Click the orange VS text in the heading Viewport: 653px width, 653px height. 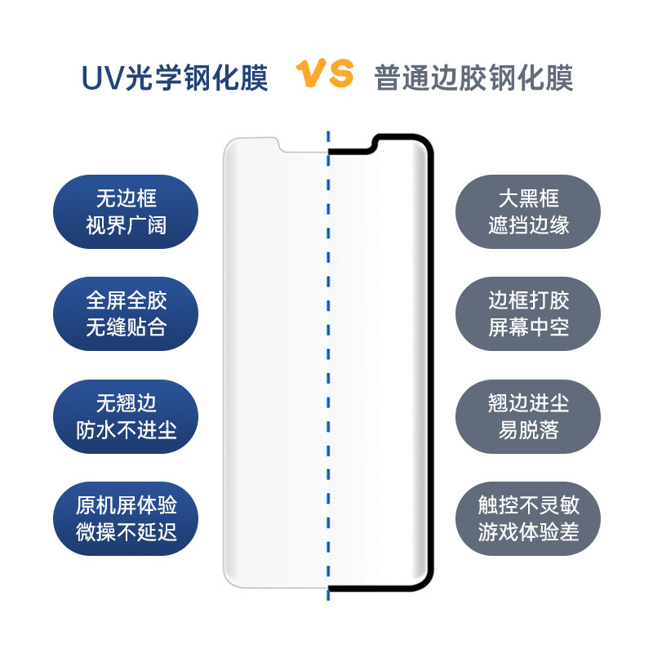pos(325,74)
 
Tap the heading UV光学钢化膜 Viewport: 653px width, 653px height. pos(175,77)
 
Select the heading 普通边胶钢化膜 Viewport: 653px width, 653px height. pos(473,78)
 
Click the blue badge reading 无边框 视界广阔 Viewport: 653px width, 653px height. pos(126,211)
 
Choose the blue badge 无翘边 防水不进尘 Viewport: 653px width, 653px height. pos(126,417)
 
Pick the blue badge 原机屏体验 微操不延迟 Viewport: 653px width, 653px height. pos(126,519)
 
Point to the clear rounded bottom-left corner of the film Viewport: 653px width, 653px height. pos(233,578)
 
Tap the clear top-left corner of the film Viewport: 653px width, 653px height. pos(233,145)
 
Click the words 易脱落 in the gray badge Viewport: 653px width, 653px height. pos(528,430)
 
